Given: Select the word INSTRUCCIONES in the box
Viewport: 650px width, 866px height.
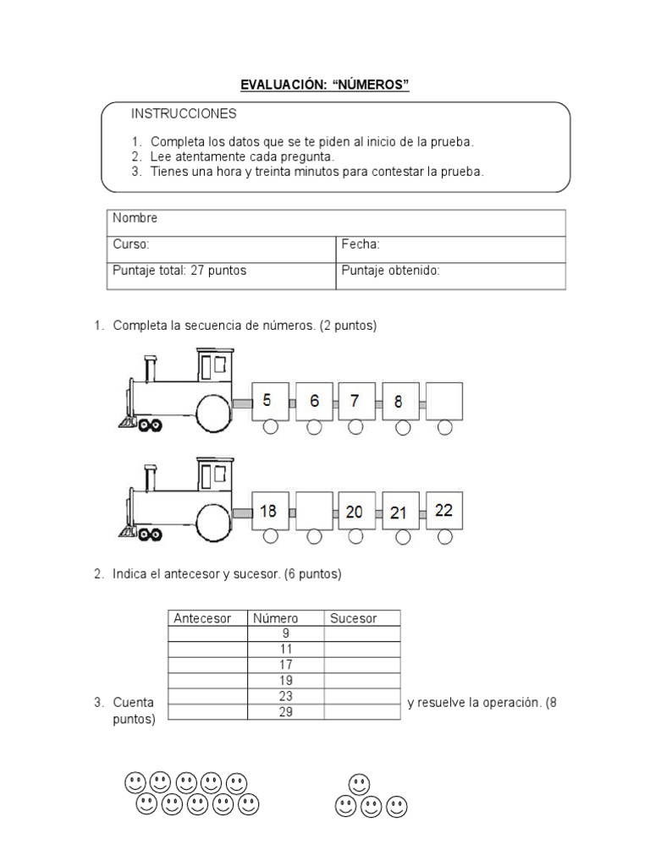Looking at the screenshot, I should pos(184,113).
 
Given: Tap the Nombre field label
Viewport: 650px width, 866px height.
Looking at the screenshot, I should pos(135,218).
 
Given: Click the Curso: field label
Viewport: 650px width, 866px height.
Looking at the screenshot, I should pos(131,244).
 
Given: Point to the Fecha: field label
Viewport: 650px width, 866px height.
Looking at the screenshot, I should pos(361,244).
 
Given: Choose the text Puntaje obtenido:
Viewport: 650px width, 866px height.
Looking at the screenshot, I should pos(391,271).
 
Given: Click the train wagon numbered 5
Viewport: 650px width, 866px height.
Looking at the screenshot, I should pos(270,401).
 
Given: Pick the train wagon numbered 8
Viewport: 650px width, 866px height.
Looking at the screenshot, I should pos(400,401).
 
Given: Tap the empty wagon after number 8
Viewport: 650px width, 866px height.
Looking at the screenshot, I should pos(444,401).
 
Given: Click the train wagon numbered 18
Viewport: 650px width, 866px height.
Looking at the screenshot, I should pos(270,511).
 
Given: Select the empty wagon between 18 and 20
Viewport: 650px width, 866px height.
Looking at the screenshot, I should pos(314,511).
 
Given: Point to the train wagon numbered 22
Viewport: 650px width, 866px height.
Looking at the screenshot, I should pos(444,510).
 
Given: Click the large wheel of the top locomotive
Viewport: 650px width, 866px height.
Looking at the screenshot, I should pos(213,412).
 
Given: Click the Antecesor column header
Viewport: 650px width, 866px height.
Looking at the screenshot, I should pos(202,618).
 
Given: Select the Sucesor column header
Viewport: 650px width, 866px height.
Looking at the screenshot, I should pos(354,618).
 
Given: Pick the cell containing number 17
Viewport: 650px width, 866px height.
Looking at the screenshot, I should pos(285,665).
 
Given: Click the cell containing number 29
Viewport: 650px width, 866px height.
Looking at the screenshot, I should pos(285,712).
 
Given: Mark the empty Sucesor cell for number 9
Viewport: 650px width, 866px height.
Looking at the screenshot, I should pos(361,633).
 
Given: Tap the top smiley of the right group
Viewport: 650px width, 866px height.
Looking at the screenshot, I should pos(359,783).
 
